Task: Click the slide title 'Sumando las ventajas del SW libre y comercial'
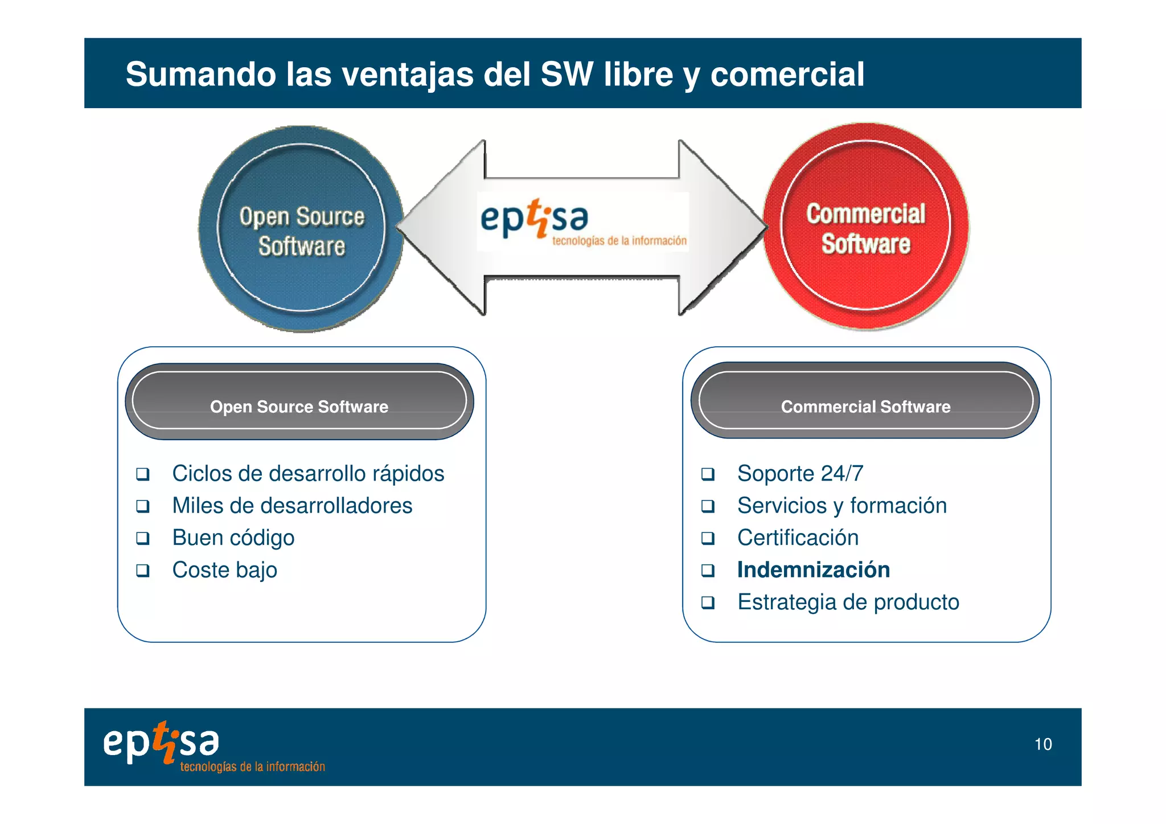click(494, 74)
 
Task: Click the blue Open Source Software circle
click(301, 229)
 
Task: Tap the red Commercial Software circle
click(865, 227)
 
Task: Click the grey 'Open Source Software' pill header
click(299, 402)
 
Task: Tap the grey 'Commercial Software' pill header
click(865, 401)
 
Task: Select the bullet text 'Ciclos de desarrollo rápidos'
click(308, 474)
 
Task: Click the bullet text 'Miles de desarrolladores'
click(292, 506)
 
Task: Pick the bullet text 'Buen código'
click(233, 538)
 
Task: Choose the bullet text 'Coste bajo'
click(224, 570)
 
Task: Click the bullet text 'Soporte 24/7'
click(800, 474)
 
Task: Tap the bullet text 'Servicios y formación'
click(841, 506)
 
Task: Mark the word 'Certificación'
click(798, 538)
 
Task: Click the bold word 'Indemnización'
click(813, 570)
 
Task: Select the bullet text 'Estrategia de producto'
click(848, 602)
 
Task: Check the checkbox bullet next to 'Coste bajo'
click(143, 570)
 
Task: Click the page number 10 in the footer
click(1042, 744)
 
